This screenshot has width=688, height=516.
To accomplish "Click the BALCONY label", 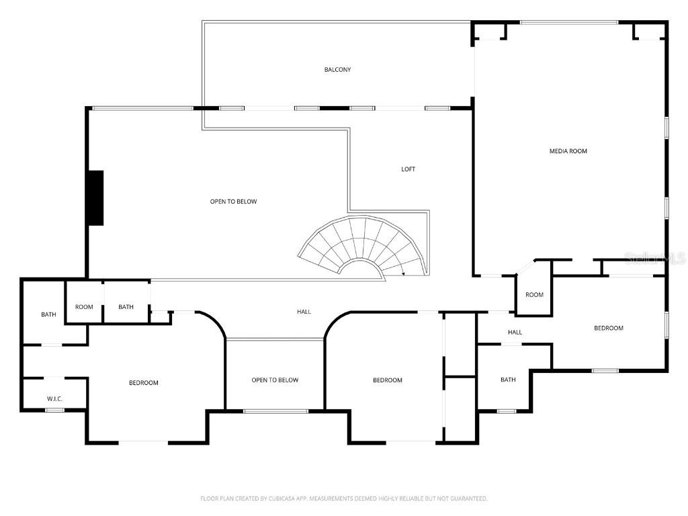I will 337,70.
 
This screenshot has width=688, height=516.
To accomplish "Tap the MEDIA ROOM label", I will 568,151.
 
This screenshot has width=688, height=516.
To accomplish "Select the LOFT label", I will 408,169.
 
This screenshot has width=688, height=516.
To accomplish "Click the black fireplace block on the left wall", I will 95,198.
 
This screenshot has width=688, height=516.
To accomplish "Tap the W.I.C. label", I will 54,399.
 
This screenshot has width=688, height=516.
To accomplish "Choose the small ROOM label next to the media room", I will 534,295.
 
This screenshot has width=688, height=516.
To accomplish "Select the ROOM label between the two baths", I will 84,307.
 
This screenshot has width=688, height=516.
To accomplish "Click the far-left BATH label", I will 48,314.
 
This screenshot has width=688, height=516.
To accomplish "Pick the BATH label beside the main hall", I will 126,307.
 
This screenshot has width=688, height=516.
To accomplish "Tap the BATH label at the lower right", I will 508,380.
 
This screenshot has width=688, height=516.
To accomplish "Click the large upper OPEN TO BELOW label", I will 233,202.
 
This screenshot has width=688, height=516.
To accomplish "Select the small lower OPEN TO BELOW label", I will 275,380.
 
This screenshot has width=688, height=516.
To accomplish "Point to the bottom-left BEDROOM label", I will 144,383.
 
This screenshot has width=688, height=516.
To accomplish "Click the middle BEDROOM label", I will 388,380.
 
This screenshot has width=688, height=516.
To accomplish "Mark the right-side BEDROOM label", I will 608,328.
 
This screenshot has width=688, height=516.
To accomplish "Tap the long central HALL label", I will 304,312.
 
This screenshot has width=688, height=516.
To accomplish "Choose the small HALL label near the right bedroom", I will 515,332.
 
